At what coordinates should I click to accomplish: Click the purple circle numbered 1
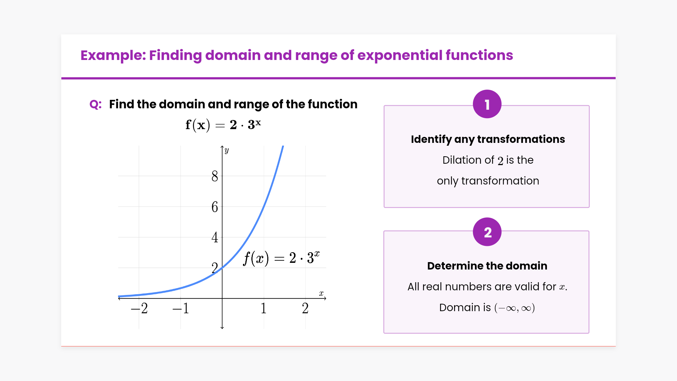click(x=487, y=104)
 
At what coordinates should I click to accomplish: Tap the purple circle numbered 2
click(x=487, y=232)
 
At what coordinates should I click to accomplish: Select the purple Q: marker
click(x=96, y=104)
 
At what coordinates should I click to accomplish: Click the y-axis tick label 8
click(x=215, y=176)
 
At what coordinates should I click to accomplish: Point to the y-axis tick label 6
click(x=215, y=207)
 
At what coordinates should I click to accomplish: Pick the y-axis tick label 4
click(x=215, y=237)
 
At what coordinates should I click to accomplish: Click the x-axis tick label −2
click(x=139, y=308)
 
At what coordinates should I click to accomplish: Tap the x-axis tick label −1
click(x=181, y=308)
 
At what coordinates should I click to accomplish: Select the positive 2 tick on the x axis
click(x=305, y=308)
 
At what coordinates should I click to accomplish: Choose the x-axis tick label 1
click(x=264, y=308)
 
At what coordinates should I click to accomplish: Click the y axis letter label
click(x=227, y=150)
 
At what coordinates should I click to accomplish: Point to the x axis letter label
click(x=321, y=293)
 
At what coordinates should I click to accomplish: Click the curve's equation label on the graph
click(x=281, y=258)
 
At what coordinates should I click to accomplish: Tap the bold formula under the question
click(x=223, y=125)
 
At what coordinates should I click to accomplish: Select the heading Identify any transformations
click(x=488, y=139)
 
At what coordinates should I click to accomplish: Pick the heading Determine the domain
click(x=487, y=266)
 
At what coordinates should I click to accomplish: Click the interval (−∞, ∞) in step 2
click(x=515, y=308)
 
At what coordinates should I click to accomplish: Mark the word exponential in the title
click(x=400, y=55)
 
